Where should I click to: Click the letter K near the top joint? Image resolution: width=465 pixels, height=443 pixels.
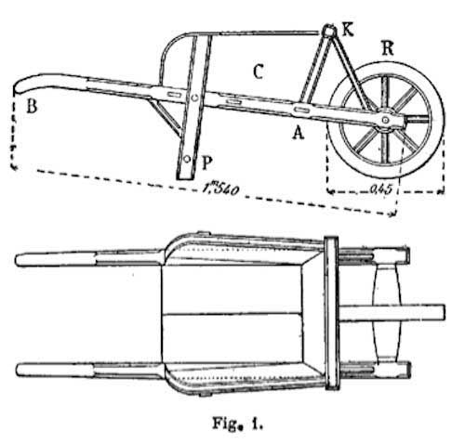click(x=347, y=30)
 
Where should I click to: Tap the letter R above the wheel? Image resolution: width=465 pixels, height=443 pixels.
click(x=388, y=48)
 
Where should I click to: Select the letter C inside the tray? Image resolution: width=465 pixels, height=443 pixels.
click(x=258, y=72)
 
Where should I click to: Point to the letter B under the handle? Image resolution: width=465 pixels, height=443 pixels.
click(x=32, y=106)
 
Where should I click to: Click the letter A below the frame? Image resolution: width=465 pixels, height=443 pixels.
click(x=299, y=133)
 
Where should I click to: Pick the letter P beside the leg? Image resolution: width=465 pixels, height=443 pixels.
click(x=206, y=163)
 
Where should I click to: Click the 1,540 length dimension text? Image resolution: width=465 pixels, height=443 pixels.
click(x=221, y=188)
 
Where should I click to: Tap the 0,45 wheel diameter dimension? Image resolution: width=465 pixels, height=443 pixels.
click(x=381, y=189)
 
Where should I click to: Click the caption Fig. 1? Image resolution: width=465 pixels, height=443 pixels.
click(x=237, y=423)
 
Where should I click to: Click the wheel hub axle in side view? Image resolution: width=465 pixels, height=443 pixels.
click(x=385, y=120)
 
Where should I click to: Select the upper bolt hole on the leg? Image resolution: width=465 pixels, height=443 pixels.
click(x=194, y=98)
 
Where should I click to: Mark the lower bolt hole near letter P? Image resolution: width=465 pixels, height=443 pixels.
click(x=187, y=159)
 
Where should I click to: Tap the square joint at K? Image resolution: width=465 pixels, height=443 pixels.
click(x=329, y=32)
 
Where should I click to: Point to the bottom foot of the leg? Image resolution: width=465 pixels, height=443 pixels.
click(x=185, y=176)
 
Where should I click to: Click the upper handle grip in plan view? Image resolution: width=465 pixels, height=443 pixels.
click(x=56, y=259)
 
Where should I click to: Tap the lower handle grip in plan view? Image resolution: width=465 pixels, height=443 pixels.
click(x=55, y=370)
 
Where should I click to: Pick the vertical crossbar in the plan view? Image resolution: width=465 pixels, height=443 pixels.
click(x=331, y=313)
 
